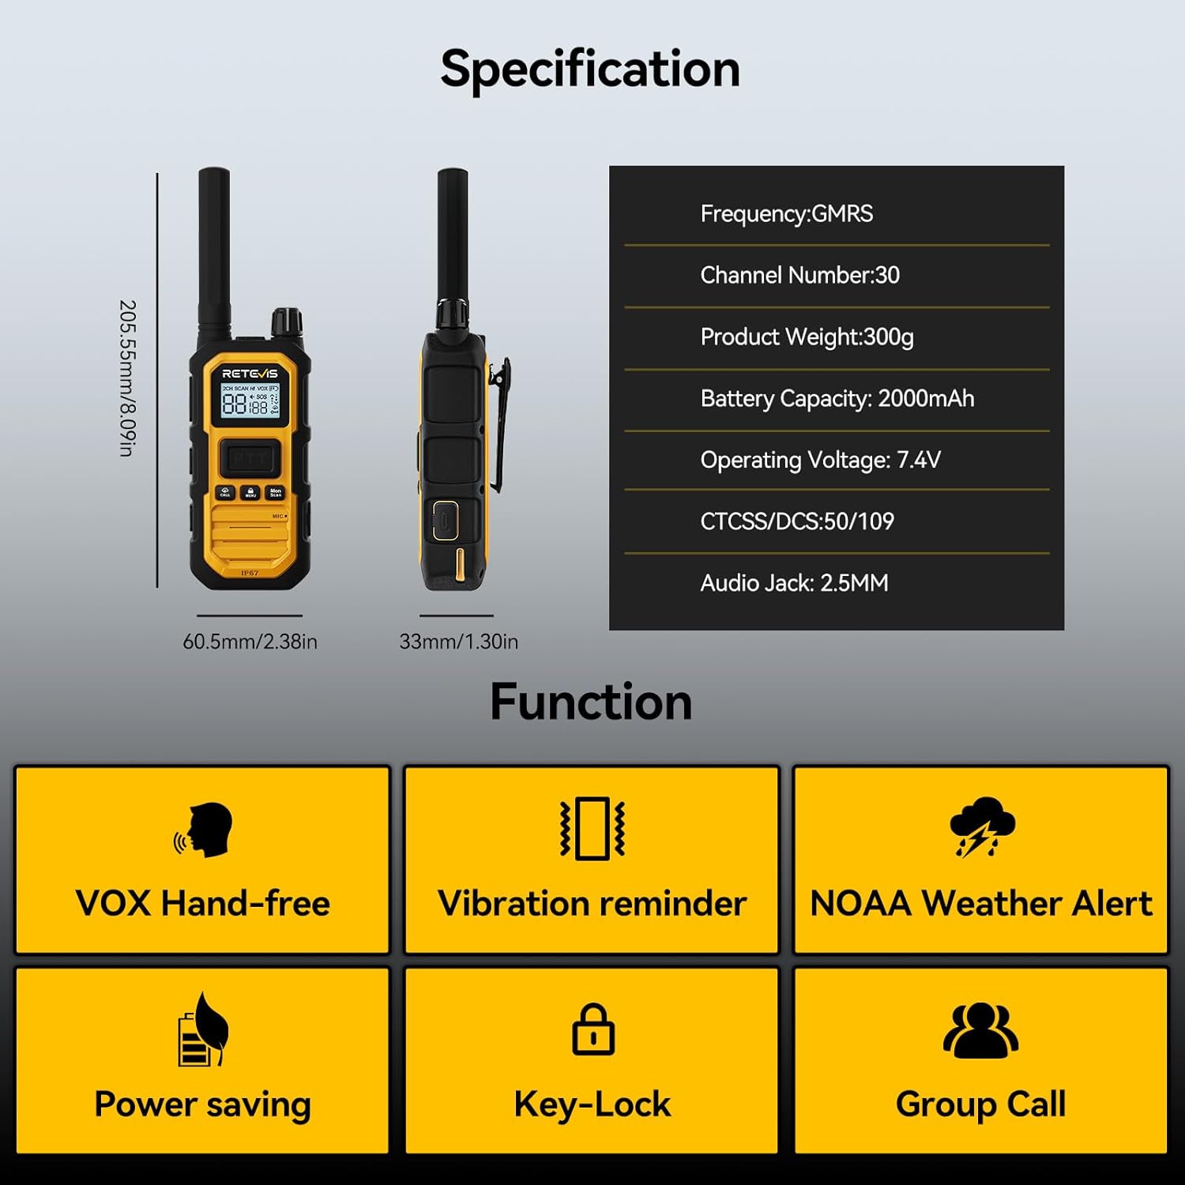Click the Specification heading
coord(590,70)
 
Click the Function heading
coord(591,702)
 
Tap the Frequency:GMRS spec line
coord(786,214)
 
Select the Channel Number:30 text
coord(799,275)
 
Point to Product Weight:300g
coord(807,337)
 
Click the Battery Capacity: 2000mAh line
coord(837,398)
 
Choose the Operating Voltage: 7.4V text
coord(820,460)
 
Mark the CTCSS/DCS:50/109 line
coord(796,521)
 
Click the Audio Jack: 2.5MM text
coord(794,583)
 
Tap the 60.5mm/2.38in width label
coord(250,641)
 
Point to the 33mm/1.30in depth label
coord(458,641)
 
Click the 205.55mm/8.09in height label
coord(127,378)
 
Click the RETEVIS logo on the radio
coord(250,373)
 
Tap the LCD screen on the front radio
coord(250,401)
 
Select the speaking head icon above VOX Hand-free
coord(204,830)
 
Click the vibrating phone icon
coord(592,828)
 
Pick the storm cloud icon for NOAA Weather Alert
coord(981,826)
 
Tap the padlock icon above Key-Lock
coord(592,1029)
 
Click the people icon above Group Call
coord(980,1030)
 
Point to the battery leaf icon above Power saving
coord(202,1030)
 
